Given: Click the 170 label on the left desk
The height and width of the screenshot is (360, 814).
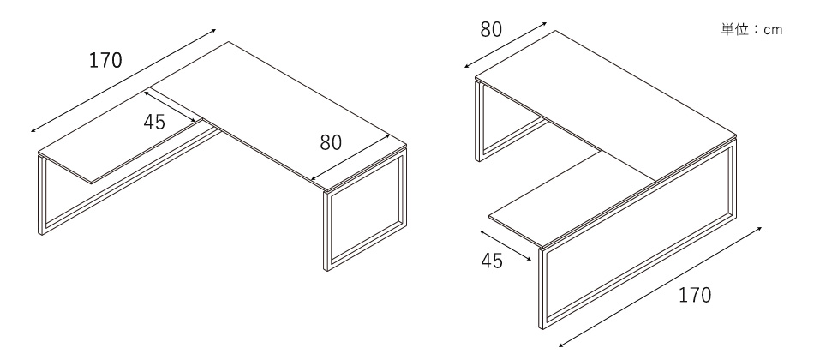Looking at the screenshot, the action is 105,61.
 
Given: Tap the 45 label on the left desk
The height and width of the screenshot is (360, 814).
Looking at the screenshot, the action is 154,122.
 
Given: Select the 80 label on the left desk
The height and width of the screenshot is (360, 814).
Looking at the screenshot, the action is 331,142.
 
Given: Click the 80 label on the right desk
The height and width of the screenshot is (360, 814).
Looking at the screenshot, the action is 491,30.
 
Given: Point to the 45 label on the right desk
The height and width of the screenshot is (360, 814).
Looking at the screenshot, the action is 492,261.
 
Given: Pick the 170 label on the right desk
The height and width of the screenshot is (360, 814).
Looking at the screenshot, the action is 695,295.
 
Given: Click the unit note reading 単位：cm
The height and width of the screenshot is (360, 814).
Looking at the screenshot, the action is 751,29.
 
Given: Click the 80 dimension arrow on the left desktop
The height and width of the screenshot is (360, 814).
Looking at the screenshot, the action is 351,158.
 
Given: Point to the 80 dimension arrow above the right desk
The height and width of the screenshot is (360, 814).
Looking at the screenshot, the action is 506,45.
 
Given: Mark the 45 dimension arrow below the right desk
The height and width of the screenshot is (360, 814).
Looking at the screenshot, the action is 506,245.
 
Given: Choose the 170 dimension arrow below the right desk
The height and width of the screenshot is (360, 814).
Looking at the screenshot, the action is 661,287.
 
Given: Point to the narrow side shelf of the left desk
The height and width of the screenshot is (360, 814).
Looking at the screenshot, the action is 121,136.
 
